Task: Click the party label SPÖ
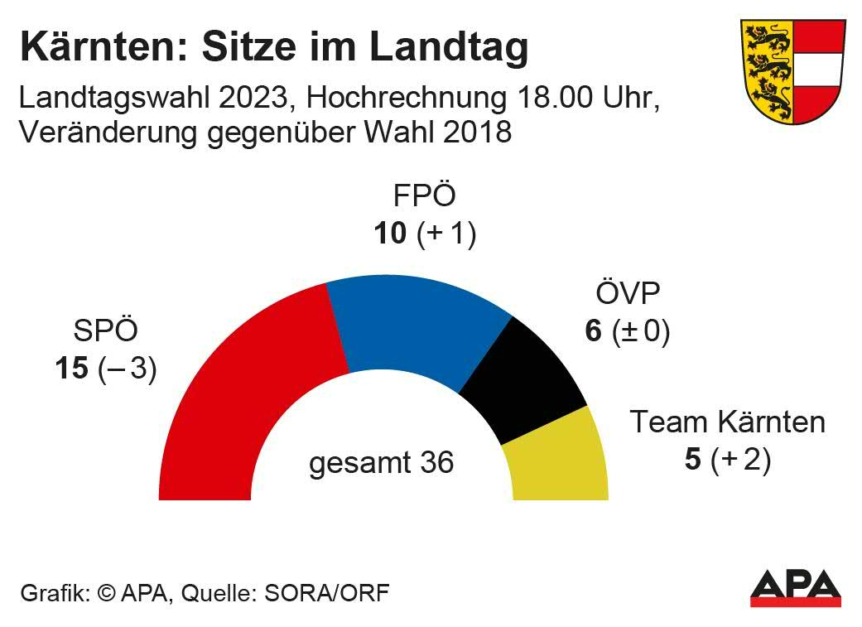click(105, 331)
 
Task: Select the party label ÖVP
click(628, 295)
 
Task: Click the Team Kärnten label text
click(728, 422)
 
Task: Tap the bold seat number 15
click(72, 369)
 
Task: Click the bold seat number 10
click(390, 234)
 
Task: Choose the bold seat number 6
click(593, 332)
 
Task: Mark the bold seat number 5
click(693, 460)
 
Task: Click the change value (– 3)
click(128, 369)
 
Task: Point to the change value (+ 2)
click(741, 460)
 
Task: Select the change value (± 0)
click(641, 332)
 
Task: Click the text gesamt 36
click(382, 462)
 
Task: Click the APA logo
click(795, 588)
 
